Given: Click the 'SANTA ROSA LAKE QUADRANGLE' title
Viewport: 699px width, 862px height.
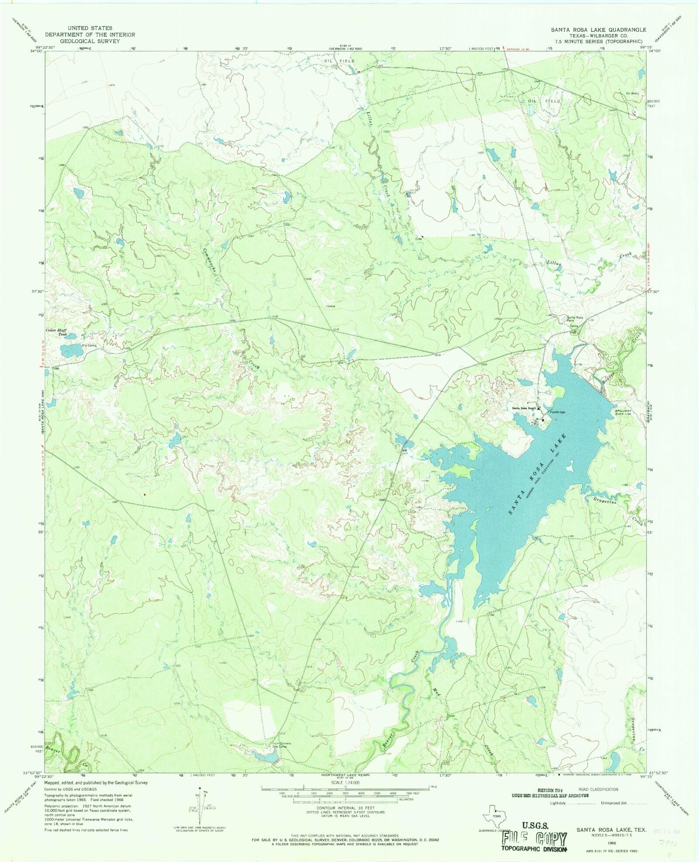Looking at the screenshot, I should click(x=598, y=29).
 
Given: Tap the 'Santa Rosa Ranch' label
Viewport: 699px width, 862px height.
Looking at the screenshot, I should click(x=524, y=408).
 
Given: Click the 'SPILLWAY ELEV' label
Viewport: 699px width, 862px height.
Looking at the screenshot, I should click(x=623, y=413).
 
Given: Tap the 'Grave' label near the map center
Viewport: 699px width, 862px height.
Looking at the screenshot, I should click(x=331, y=306).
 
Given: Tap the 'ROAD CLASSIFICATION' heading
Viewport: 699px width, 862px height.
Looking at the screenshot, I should click(x=598, y=789).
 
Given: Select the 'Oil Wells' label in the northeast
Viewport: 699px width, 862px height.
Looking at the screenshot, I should click(x=632, y=94).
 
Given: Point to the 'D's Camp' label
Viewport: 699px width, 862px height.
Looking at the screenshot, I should click(x=89, y=346).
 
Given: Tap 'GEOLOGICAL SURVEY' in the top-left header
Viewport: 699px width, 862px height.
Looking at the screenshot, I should click(x=90, y=41).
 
